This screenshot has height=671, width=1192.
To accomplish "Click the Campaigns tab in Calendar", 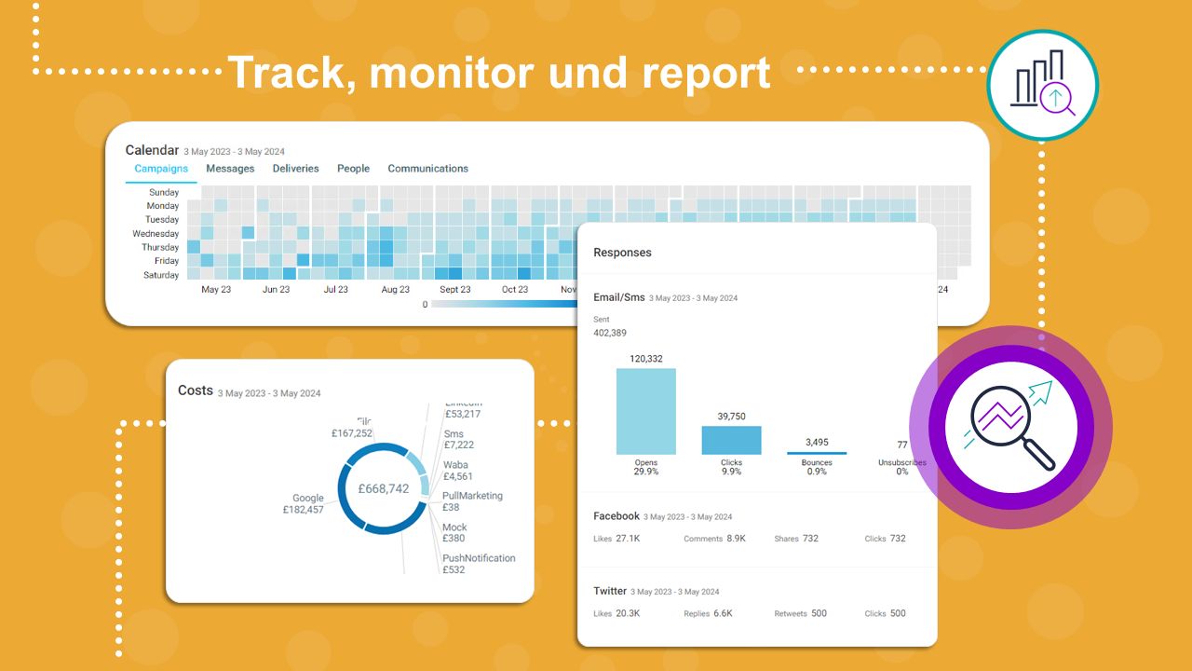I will pyautogui.click(x=161, y=169).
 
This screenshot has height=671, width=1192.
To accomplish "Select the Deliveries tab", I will pyautogui.click(x=295, y=169).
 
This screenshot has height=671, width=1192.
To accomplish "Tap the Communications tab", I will pyautogui.click(x=427, y=169).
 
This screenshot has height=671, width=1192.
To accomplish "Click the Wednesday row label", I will pyautogui.click(x=156, y=234).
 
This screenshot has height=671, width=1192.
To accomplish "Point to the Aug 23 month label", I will pyautogui.click(x=395, y=290).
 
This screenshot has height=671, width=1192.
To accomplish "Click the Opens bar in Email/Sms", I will pyautogui.click(x=645, y=411).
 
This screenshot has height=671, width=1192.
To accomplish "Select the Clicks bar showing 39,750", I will pyautogui.click(x=731, y=440).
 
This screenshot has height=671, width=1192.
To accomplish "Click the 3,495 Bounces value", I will pyautogui.click(x=817, y=442).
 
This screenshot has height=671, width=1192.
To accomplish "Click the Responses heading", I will pyautogui.click(x=622, y=253).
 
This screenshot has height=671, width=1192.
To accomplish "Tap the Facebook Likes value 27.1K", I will pyautogui.click(x=628, y=539).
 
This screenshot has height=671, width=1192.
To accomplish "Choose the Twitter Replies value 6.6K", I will pyautogui.click(x=723, y=613).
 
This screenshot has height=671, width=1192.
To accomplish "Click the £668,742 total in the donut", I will pyautogui.click(x=384, y=488).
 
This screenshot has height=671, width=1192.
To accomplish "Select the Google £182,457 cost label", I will pyautogui.click(x=304, y=504).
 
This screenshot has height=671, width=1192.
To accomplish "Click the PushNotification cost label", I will pyautogui.click(x=479, y=564).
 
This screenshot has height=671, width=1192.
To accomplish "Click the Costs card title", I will pyautogui.click(x=196, y=390).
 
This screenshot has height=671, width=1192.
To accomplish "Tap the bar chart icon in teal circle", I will pyautogui.click(x=1043, y=86).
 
